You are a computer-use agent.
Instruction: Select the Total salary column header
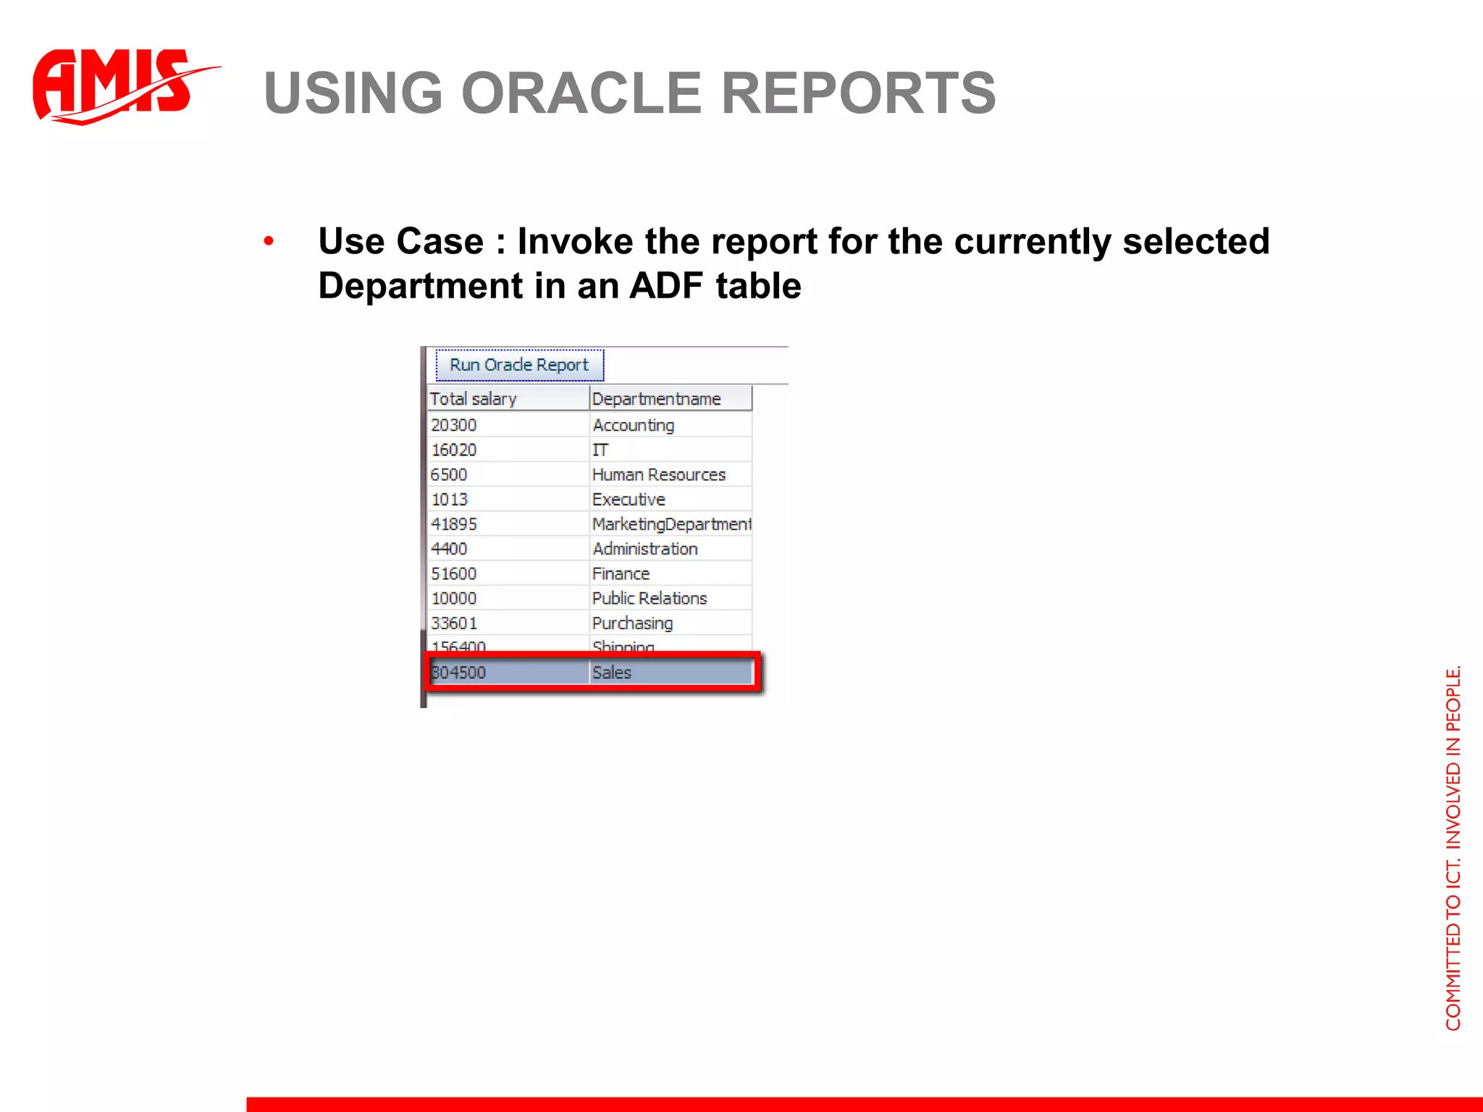click(x=474, y=399)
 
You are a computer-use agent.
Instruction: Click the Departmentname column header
click(x=657, y=399)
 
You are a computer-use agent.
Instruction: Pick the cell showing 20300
click(x=454, y=425)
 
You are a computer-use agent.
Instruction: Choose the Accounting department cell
click(x=634, y=425)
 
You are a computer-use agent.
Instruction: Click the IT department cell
click(x=600, y=450)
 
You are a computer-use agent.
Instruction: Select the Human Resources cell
click(x=659, y=474)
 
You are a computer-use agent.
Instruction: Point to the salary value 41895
click(x=454, y=523)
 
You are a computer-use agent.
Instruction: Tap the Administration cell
click(x=645, y=549)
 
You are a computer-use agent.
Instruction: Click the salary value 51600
click(x=454, y=573)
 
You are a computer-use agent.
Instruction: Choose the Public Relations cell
click(x=650, y=598)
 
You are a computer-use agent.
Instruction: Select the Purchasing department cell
click(x=633, y=623)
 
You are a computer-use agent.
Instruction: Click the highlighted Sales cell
click(x=612, y=673)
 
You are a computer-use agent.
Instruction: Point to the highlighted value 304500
click(x=459, y=673)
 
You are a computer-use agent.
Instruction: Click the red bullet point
click(x=269, y=241)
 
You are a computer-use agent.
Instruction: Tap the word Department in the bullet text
click(x=420, y=285)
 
